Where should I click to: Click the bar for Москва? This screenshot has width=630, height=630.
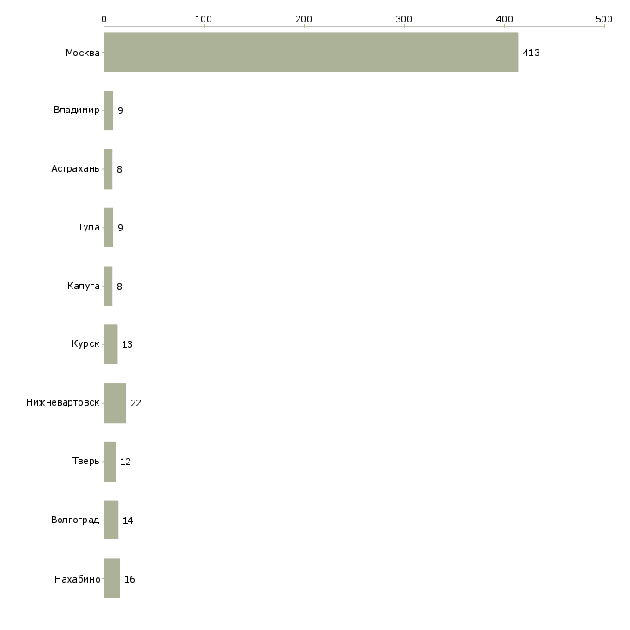coord(311,52)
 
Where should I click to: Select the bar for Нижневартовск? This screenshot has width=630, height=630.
coord(115,403)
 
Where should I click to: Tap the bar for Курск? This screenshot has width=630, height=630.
coord(110,344)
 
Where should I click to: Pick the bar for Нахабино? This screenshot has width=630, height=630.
coord(112,578)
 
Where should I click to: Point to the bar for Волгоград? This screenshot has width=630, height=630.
coord(111,520)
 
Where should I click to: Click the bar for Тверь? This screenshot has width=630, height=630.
coord(110,462)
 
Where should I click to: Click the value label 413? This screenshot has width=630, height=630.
coord(531,53)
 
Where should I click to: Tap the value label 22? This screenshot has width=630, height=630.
coord(135,403)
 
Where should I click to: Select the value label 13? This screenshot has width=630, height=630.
coord(127,344)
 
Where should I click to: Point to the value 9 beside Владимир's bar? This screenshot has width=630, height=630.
coord(120,110)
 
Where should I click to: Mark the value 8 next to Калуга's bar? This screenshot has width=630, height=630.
coord(119,287)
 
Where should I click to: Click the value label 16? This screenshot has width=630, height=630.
coord(129,578)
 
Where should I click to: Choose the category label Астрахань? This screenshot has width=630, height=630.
coord(75,169)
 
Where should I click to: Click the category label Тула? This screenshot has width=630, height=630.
coord(88,228)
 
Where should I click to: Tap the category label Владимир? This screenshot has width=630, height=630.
coord(76,110)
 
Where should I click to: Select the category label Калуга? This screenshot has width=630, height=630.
coord(84,287)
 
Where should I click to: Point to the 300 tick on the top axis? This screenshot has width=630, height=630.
coord(404,18)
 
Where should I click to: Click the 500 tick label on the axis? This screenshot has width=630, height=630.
coord(603,18)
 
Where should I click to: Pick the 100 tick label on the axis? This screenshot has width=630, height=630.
coord(204,18)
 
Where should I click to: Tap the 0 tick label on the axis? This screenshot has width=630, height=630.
coord(104,18)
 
